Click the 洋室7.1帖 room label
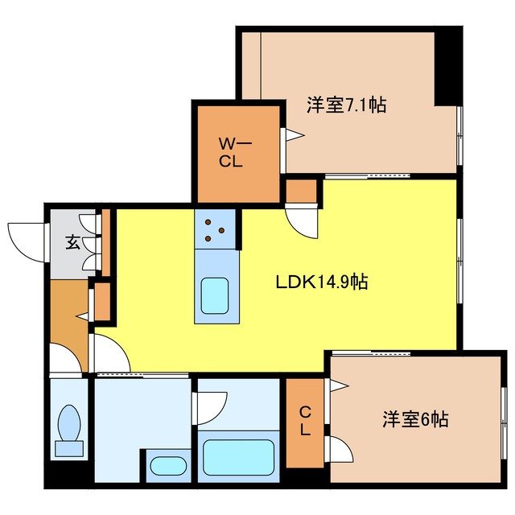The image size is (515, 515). pos(346,105)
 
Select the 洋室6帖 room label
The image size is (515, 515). pos(414,419)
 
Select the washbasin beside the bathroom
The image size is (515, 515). pos(168,468)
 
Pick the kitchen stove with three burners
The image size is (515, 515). pos(214,229)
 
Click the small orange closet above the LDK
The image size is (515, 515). pos(302,192)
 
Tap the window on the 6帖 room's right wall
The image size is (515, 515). pos(505,418)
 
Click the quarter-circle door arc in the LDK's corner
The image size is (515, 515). pos(109,354)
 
